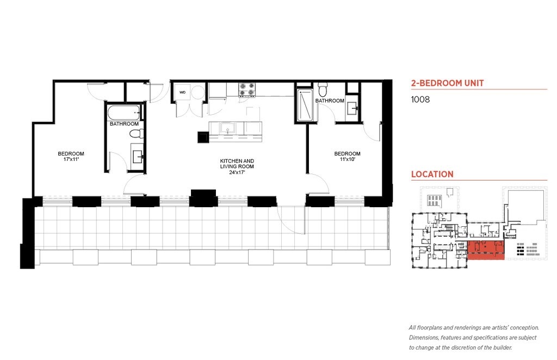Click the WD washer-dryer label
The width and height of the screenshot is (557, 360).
(183, 92)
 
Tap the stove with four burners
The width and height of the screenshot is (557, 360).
(247, 90)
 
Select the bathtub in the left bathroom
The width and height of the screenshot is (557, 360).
(125, 113)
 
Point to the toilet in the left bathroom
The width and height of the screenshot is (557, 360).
(137, 134)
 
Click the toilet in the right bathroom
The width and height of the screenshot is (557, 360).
(323, 90)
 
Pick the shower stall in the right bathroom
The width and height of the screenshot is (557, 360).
(305, 105)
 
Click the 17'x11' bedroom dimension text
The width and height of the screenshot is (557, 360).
(71, 159)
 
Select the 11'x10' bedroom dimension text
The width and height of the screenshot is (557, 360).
(348, 159)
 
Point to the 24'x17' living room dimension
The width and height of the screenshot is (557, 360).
(237, 172)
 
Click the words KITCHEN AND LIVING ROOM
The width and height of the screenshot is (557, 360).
(237, 164)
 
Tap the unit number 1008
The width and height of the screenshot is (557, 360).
(420, 100)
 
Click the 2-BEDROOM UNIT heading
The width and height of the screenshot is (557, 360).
(448, 83)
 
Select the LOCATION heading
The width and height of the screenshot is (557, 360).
(432, 175)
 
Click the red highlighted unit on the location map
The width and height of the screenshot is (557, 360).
(486, 250)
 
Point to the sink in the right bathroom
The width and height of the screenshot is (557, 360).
(352, 107)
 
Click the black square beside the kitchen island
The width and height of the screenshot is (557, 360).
(203, 137)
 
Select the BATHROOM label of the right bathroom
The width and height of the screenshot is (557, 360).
(330, 101)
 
